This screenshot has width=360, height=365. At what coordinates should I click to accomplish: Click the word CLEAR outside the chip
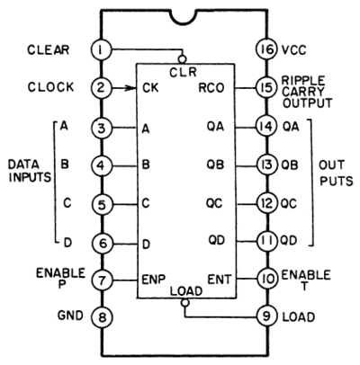[x=49, y=49]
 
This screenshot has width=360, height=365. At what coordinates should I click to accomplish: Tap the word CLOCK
[x=50, y=87]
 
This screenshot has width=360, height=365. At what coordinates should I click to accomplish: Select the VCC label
[x=294, y=49]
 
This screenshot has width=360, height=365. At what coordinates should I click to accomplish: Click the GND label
[x=70, y=316]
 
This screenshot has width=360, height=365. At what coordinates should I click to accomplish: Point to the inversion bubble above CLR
[x=182, y=58]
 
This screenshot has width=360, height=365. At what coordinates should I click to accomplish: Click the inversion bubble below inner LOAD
[x=185, y=303]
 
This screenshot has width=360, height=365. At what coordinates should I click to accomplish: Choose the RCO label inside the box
[x=211, y=88]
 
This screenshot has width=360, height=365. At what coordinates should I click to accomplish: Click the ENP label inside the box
[x=153, y=280]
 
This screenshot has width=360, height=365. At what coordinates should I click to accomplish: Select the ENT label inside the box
[x=220, y=280]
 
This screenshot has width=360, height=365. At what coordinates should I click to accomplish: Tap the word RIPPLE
[x=303, y=81]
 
